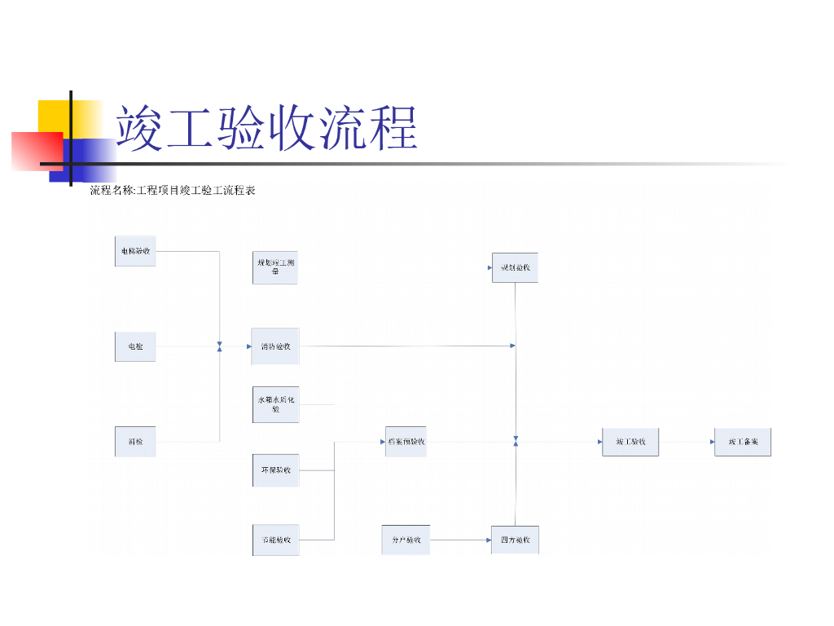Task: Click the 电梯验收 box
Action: coord(134,251)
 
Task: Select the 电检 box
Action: coord(134,347)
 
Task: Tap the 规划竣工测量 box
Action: coord(275,267)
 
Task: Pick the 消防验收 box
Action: coord(275,346)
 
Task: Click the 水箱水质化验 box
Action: coord(275,404)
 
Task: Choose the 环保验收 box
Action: coord(275,470)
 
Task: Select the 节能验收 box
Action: coord(275,540)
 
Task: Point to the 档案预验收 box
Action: coord(406,442)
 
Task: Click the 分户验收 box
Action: coord(406,540)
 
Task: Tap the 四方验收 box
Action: coord(515,540)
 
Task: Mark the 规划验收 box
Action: coord(515,267)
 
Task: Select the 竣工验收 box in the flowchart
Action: coord(630,442)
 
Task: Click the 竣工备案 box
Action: coord(742,442)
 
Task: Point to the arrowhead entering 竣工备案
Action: coord(711,442)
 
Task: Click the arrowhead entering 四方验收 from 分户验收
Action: coord(488,540)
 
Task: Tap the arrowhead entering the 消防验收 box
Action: coord(248,346)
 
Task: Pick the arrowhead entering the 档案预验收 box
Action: coord(382,442)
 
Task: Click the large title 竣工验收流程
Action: coord(266,129)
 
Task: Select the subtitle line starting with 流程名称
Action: coord(173,191)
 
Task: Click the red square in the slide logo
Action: coord(37,151)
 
